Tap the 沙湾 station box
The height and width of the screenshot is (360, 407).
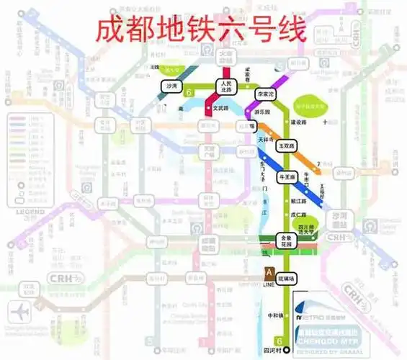coord(171,86)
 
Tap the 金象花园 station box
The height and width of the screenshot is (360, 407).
coord(287,240)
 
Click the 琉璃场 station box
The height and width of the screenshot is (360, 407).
coord(288,278)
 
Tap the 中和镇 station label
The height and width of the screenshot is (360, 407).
coord(275,315)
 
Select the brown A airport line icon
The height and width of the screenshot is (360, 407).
coord(268,273)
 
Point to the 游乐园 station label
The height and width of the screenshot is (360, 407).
coord(263,113)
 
